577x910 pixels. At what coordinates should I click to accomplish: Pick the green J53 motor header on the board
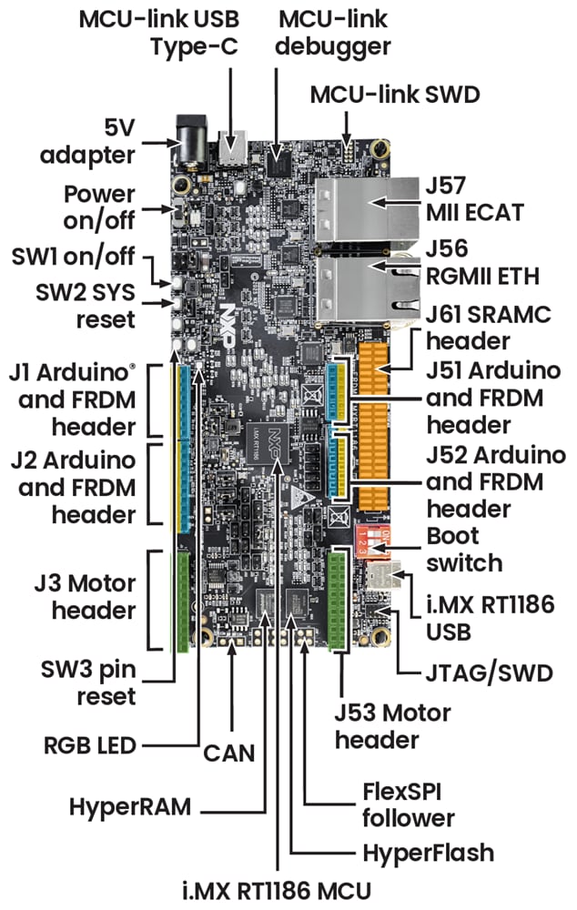click(339, 601)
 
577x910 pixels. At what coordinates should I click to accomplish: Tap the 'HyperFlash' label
click(427, 852)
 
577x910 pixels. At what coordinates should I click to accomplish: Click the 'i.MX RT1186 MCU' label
click(289, 889)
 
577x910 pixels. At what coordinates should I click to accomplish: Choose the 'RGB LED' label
click(88, 745)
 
